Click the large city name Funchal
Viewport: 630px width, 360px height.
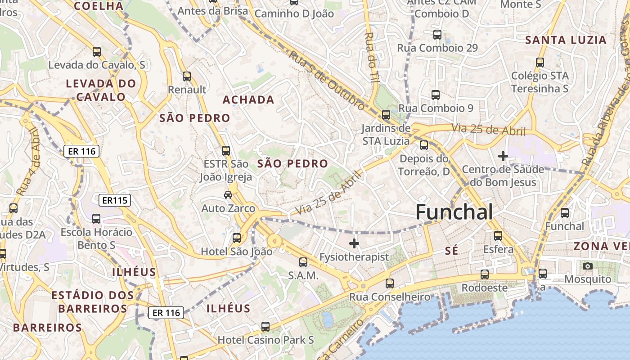click(x=454, y=212)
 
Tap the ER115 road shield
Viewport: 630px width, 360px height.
click(x=115, y=200)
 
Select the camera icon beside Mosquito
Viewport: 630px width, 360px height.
click(x=587, y=266)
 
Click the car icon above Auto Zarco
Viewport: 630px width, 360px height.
click(x=228, y=195)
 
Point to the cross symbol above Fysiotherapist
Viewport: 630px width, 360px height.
click(x=354, y=243)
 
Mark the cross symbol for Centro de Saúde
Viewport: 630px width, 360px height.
click(x=503, y=156)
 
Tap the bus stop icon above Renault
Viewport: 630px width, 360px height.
click(x=187, y=76)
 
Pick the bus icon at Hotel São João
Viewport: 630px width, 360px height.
click(x=237, y=238)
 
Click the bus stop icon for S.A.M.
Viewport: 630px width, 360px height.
click(x=303, y=262)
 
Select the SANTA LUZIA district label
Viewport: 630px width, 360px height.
click(x=566, y=40)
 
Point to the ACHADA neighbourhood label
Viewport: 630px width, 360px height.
click(x=248, y=100)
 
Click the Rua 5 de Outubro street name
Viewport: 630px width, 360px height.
click(x=327, y=81)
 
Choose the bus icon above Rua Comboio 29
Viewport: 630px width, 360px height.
click(x=437, y=34)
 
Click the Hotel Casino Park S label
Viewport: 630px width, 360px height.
click(x=265, y=340)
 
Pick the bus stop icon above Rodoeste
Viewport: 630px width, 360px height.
click(x=484, y=274)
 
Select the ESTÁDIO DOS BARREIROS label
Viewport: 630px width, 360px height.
click(x=93, y=302)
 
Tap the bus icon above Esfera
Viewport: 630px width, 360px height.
click(x=498, y=235)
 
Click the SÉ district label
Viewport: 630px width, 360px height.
click(x=451, y=251)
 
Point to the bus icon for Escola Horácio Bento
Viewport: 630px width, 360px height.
click(x=96, y=219)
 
